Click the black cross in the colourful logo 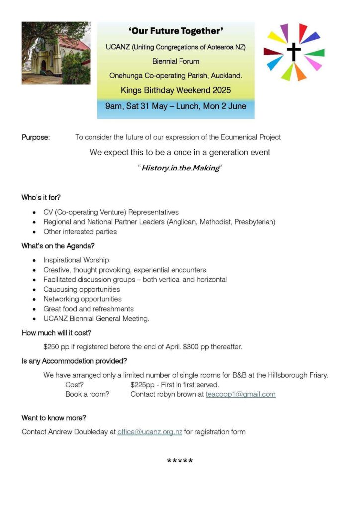(294, 51)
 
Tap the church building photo (56, 53)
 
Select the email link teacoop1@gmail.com (241, 394)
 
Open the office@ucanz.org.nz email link (150, 432)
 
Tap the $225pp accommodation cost (142, 385)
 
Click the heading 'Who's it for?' (41, 197)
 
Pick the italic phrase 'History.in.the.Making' (180, 168)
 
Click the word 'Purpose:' (36, 137)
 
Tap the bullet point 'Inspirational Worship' (76, 260)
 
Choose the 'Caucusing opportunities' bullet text (82, 289)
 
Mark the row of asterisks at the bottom (180, 461)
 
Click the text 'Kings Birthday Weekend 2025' (176, 91)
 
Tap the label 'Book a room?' (87, 394)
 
